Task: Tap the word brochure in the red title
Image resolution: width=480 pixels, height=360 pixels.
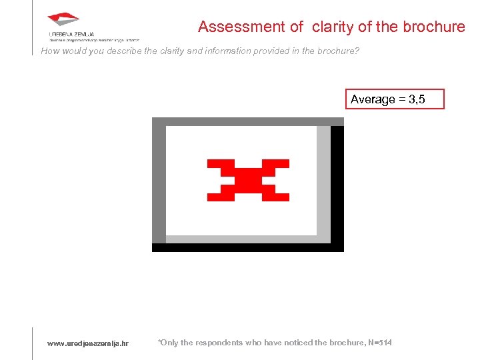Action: (433, 27)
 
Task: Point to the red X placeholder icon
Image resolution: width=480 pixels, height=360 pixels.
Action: (248, 180)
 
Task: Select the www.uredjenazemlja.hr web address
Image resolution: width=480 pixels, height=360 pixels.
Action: (88, 343)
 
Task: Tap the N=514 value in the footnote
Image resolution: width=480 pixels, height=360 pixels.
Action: (380, 343)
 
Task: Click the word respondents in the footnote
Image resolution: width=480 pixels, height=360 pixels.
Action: (217, 343)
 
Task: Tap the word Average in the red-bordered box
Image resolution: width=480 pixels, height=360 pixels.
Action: (373, 99)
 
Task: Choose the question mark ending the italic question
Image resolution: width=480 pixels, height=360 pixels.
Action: (357, 51)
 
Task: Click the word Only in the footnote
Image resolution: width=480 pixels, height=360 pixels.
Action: (169, 343)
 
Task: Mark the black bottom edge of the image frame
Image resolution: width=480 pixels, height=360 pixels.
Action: (248, 247)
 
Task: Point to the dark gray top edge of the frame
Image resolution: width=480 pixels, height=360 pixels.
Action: (248, 122)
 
